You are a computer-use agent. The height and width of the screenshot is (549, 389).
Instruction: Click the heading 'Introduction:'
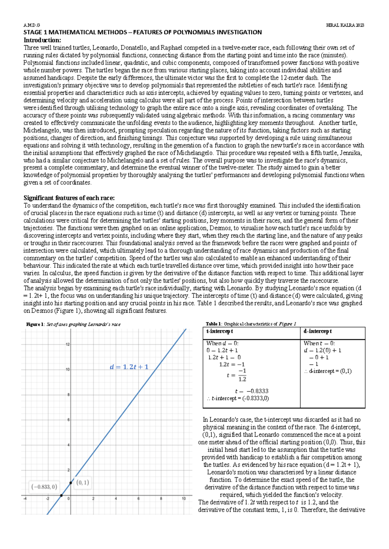[42, 40]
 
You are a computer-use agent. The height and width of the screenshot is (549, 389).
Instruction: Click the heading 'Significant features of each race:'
[69, 198]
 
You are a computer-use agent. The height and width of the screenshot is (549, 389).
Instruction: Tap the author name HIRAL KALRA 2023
[345, 25]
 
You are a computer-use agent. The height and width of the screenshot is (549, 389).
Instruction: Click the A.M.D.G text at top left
[31, 25]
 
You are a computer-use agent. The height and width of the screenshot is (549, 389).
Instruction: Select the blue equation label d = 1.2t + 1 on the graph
[129, 367]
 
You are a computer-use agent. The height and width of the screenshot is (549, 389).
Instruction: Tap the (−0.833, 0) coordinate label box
[44, 487]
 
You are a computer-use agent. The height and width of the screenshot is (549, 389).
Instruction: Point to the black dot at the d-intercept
[71, 483]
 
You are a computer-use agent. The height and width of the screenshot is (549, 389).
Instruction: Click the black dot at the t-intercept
[61, 495]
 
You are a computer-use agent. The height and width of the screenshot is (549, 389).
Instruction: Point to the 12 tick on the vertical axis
[68, 344]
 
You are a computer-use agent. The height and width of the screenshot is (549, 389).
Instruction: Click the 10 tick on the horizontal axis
[183, 499]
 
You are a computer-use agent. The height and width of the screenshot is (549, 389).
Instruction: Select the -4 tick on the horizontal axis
[25, 499]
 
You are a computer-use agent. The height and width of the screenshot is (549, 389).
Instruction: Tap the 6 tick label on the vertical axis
[68, 420]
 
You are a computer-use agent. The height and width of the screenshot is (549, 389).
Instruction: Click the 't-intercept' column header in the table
[219, 331]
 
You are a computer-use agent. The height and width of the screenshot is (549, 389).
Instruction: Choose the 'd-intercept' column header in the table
[317, 331]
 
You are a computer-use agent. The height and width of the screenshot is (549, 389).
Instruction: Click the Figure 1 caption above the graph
[73, 324]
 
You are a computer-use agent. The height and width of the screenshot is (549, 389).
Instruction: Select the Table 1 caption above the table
[251, 324]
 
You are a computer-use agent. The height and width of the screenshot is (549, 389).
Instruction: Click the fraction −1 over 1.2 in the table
[242, 375]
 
